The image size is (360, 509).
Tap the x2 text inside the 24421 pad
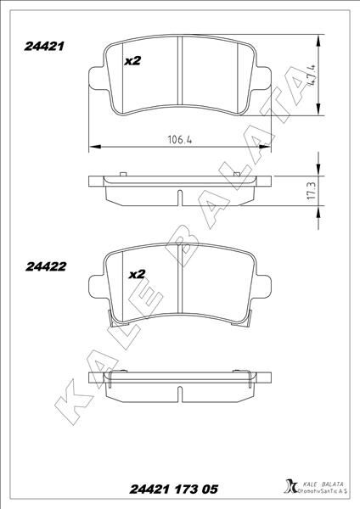[132, 61]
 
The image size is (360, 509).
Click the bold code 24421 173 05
[172, 489]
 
